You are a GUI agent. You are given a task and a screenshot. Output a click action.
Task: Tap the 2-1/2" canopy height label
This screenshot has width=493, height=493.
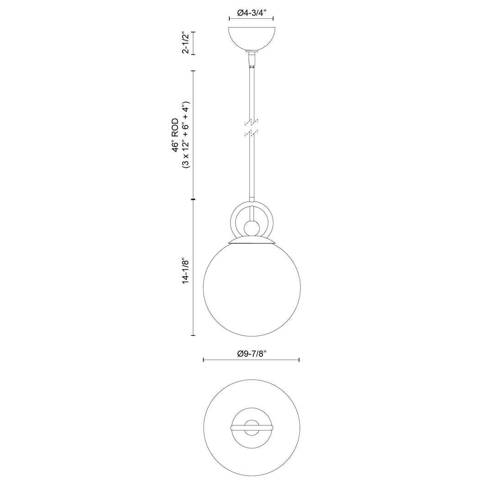185,43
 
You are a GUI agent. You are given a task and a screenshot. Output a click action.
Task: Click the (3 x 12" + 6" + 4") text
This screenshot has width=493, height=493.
185,135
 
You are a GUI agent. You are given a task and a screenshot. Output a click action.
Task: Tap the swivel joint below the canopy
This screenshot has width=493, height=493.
251,58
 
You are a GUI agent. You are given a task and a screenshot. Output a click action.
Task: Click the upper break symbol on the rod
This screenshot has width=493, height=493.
251,122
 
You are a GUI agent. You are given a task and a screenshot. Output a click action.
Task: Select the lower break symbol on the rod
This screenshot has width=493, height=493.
251,133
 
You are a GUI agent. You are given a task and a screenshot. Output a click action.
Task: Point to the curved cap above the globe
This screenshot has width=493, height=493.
251,240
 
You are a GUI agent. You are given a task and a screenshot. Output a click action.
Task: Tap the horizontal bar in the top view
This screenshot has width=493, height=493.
251,428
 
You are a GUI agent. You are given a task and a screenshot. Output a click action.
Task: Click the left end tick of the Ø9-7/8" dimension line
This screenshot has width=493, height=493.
204,360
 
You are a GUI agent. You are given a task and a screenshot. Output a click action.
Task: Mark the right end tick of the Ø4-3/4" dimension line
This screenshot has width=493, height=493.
273,19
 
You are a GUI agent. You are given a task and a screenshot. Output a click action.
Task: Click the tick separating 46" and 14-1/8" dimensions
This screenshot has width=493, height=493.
193,200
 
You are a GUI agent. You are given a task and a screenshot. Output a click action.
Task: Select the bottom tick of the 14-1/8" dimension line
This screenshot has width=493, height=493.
193,336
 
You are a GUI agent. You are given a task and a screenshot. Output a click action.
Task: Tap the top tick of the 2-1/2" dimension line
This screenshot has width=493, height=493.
193,32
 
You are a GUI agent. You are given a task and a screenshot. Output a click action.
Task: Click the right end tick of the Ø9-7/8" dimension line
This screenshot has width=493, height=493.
299,360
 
